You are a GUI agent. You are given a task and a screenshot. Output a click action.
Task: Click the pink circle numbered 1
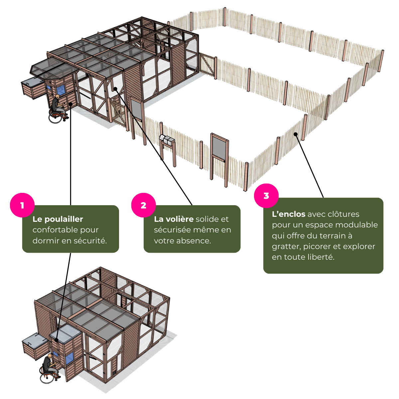click(x=22, y=205)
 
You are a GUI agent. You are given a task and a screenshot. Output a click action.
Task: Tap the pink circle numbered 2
click(x=143, y=205)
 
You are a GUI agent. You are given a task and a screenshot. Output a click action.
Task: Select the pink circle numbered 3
click(x=266, y=196)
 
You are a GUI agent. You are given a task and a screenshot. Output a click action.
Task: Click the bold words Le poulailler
click(x=58, y=219)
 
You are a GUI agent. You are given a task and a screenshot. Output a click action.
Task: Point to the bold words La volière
click(x=174, y=219)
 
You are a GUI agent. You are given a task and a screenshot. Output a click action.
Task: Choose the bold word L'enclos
click(x=288, y=214)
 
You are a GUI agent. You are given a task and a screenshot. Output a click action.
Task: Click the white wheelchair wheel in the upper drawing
click(x=55, y=118)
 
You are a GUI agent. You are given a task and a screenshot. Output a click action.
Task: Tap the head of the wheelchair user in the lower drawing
click(x=49, y=356)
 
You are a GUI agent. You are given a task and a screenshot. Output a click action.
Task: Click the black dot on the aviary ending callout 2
click(x=115, y=88)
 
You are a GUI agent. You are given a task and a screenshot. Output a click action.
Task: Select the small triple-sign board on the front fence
click(x=167, y=139)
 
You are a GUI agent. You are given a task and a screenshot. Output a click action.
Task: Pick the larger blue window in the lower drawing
click(x=69, y=359)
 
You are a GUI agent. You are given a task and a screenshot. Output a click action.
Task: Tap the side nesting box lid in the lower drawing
click(x=34, y=340)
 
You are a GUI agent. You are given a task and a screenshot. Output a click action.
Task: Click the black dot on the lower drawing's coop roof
click(x=57, y=340)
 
